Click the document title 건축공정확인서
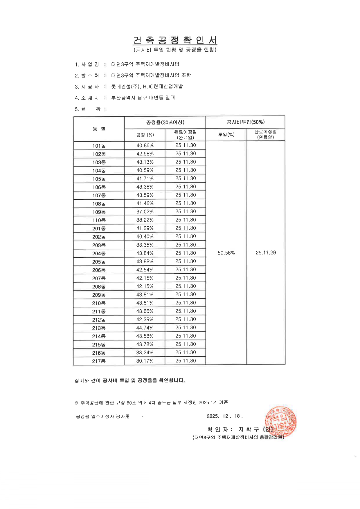click(175, 40)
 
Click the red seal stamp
click(280, 422)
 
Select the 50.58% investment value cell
click(226, 253)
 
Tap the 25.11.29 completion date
click(266, 253)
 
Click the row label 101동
click(99, 146)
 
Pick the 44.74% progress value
click(145, 328)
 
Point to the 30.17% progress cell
click(145, 361)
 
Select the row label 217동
click(99, 361)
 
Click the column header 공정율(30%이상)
click(165, 122)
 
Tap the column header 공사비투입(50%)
click(246, 122)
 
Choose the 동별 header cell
click(99, 129)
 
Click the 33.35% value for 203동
click(145, 245)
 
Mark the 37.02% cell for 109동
click(145, 212)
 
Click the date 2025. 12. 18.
click(224, 416)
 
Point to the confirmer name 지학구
click(249, 429)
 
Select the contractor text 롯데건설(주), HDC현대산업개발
click(147, 86)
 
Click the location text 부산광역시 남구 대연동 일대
click(143, 98)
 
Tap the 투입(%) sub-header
click(226, 135)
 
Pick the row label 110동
click(99, 220)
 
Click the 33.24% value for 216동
click(145, 353)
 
